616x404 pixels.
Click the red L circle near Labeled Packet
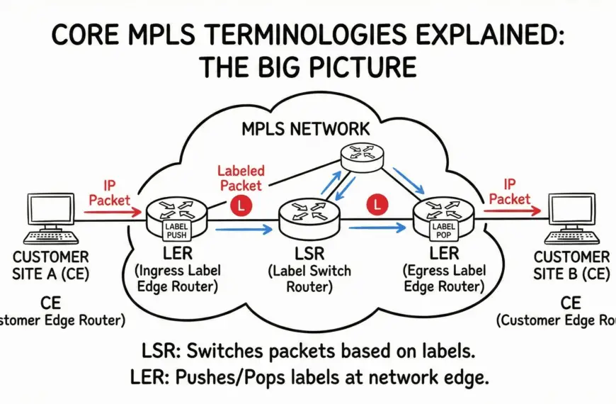240,206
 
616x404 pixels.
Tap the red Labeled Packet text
241,178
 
